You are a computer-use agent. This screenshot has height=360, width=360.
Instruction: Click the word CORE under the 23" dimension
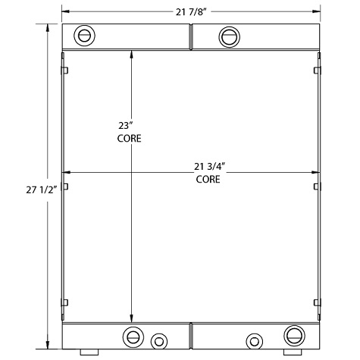(129, 139)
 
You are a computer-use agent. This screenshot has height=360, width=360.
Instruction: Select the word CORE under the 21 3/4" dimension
(208, 180)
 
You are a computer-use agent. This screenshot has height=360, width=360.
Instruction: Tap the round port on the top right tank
(228, 35)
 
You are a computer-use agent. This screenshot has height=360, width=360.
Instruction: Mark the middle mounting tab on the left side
(66, 186)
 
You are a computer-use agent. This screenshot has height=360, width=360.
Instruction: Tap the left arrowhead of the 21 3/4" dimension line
(66, 171)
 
